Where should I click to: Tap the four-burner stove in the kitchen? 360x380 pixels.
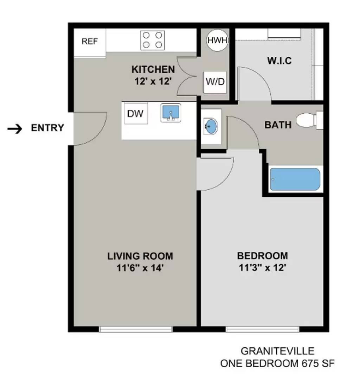(153, 40)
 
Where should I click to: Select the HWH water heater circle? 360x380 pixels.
(217, 40)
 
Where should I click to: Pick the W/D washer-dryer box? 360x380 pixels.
(215, 82)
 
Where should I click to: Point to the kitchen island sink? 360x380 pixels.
(171, 113)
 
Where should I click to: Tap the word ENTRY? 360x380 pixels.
(47, 128)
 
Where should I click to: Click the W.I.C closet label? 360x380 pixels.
(279, 61)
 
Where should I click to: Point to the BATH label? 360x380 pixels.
(278, 125)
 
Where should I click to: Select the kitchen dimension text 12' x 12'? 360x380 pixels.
(153, 81)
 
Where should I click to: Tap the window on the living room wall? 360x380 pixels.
(136, 329)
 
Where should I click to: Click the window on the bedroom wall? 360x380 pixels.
(262, 329)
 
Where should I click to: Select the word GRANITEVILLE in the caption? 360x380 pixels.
(277, 351)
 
